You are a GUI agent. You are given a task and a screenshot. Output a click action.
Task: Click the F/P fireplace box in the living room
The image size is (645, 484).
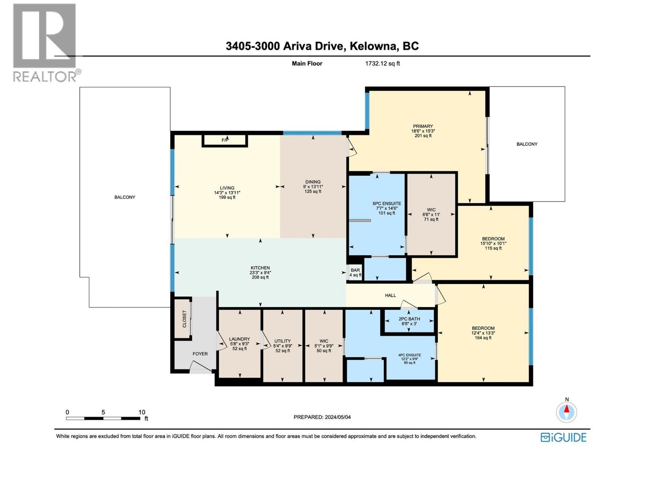point(225,140)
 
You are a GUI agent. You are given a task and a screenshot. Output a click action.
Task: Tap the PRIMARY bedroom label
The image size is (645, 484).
point(422,126)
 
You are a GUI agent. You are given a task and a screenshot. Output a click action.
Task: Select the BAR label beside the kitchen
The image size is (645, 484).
point(355,270)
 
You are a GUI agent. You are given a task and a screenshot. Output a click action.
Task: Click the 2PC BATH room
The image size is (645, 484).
point(409,321)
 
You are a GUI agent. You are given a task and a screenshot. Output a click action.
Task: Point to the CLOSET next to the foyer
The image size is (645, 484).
point(184,318)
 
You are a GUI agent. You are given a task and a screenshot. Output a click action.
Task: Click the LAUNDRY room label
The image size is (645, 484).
point(239,339)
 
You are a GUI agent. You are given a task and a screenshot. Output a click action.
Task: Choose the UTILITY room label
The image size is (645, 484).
point(282,341)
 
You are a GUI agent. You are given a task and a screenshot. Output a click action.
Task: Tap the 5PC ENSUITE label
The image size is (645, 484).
point(387,204)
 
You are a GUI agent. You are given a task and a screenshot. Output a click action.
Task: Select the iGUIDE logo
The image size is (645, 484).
point(563,437)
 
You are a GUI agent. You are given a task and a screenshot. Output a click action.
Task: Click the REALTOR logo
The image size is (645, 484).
point(45,42)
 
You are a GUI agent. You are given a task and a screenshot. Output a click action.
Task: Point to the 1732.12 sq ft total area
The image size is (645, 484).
point(382,63)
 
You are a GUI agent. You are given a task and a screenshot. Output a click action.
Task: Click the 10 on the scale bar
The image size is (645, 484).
point(141,412)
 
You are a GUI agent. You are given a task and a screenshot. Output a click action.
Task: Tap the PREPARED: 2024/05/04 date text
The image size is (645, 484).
point(322,417)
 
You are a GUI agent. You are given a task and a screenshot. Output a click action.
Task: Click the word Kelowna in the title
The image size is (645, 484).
point(373,46)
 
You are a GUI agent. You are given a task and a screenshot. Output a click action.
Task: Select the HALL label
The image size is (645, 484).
point(390,296)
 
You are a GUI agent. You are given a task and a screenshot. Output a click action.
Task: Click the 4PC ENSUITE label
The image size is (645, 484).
point(409,355)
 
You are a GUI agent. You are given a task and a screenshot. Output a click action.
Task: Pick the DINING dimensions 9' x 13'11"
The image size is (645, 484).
point(313,187)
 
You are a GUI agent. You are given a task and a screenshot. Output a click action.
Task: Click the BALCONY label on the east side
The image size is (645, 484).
point(527,144)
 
